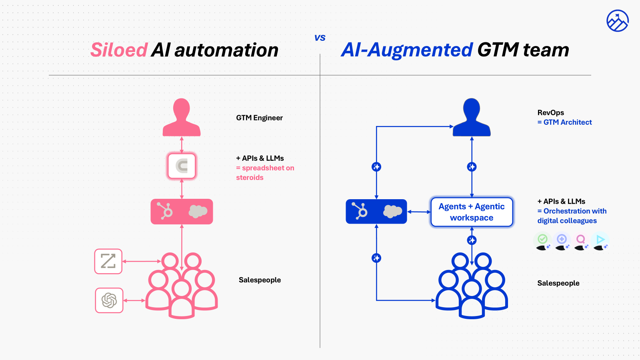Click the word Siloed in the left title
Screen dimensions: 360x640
pos(119,50)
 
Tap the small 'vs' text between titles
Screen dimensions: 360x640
pos(320,38)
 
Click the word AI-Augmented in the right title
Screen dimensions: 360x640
pos(407,50)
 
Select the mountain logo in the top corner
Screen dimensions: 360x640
pos(617,21)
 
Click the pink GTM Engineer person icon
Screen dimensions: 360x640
pos(182,118)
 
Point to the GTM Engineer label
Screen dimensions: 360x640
pos(259,118)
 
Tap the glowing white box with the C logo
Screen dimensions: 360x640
pos(182,166)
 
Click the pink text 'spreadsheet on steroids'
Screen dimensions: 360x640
pos(265,173)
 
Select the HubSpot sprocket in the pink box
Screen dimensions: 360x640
pos(165,211)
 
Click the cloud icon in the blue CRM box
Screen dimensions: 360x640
pos(392,211)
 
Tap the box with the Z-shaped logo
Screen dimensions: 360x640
pos(108,261)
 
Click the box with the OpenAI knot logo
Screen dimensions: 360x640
pos(109,300)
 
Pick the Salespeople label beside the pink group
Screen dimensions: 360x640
pos(260,280)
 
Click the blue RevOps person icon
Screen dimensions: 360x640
pos(472,118)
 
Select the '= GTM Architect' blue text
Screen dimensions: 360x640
pos(564,122)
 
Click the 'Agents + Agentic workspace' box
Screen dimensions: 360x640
pos(472,212)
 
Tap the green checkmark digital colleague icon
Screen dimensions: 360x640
pos(542,240)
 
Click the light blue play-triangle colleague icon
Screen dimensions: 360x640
pos(600,240)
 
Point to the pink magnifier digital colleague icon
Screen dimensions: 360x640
pos(580,240)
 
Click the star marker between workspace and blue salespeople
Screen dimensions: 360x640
pos(472,240)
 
